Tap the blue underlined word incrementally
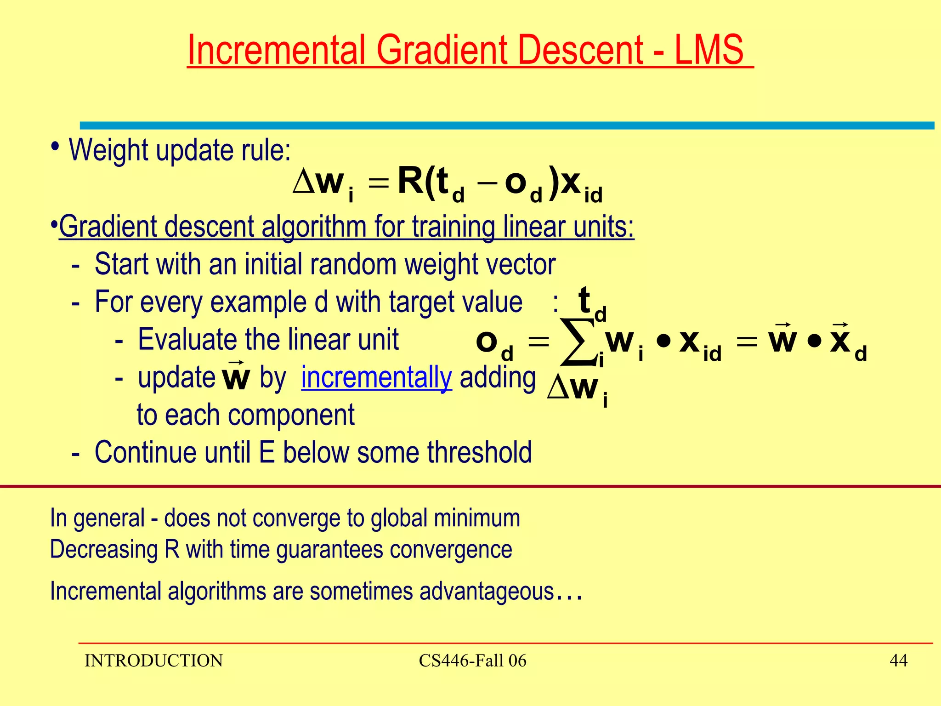[x=376, y=378]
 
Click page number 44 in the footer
[x=898, y=660]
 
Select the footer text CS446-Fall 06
[x=472, y=660]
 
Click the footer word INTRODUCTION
[x=153, y=660]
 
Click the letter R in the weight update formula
[x=410, y=181]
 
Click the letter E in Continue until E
[x=267, y=452]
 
